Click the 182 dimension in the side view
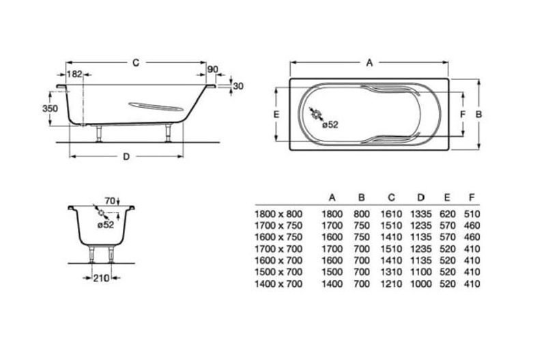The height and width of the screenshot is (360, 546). pos(74,74)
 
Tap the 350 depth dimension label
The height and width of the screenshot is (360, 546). pos(50,109)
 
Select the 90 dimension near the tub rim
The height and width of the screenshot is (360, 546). pos(213,70)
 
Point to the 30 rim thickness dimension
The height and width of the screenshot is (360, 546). pos(238,86)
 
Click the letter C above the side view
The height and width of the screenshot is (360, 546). pos(136,63)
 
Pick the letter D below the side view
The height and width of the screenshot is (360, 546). pos(126,157)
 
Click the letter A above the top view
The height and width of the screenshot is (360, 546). pos(369,63)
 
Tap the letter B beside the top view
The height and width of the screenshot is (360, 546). pos(479,114)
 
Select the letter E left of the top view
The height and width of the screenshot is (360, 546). pos(276,114)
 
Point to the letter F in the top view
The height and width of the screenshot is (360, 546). pos(463,114)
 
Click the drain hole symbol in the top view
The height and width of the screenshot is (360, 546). pos(317,114)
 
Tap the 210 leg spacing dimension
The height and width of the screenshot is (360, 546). pos(101,278)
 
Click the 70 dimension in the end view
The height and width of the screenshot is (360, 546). pos(110,201)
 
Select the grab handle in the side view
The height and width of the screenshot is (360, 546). pos(156,107)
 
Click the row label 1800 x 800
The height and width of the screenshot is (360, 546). pos(278,214)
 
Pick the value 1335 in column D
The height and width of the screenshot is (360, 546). pos(421,214)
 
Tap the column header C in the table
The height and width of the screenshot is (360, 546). pos(391,197)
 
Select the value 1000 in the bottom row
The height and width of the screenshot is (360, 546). pos(421,284)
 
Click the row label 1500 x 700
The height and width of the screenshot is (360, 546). pos(278,272)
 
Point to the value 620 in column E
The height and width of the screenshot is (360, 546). pos(448,214)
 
